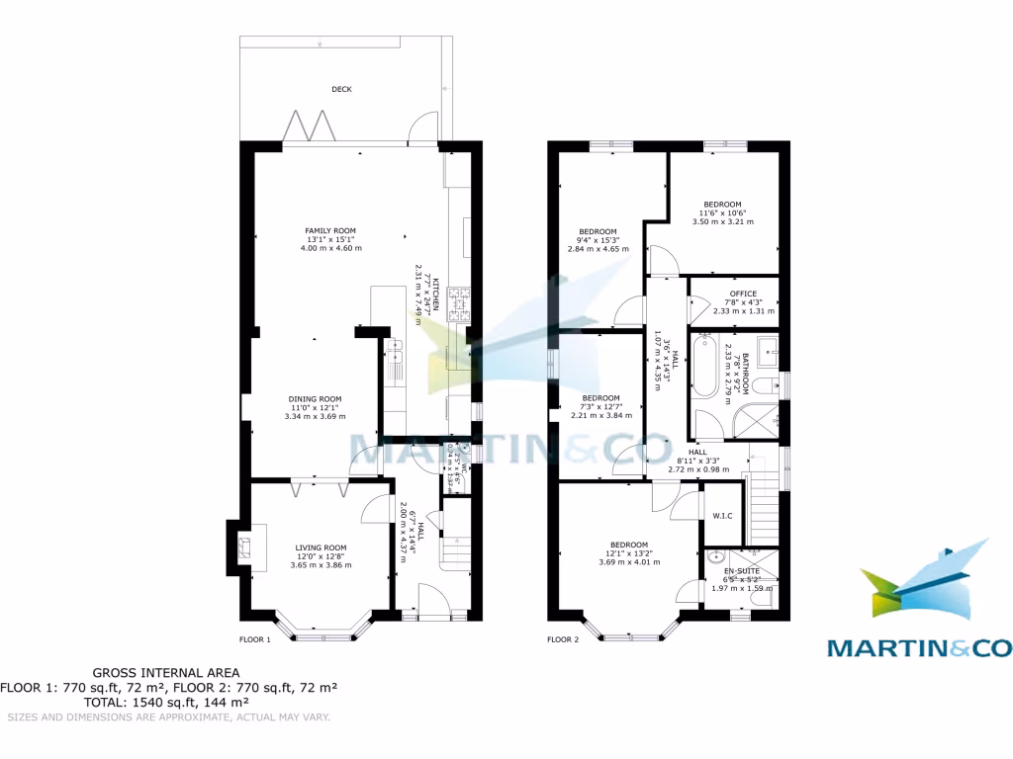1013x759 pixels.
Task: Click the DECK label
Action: click(341, 89)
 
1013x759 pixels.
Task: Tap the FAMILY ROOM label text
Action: click(329, 230)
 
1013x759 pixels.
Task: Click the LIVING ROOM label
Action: click(322, 547)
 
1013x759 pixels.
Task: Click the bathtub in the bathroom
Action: click(703, 367)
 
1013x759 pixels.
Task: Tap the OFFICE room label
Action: click(743, 294)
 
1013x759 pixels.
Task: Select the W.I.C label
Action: click(721, 515)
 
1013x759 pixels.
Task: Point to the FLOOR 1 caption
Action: click(255, 639)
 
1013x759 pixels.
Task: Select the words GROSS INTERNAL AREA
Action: click(166, 672)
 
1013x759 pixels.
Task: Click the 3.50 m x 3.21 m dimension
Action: click(723, 222)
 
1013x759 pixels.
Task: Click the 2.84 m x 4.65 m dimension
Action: click(598, 249)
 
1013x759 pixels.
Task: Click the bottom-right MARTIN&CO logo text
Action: click(919, 648)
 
